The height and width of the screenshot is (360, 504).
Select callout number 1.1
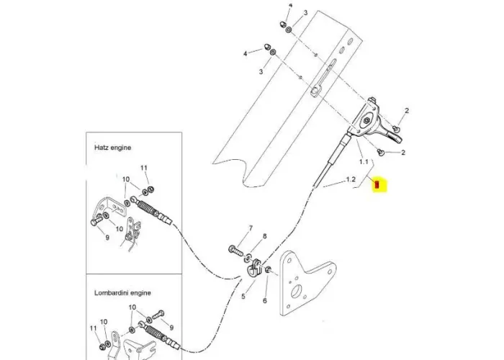363,162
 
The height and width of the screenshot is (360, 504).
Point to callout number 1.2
352,179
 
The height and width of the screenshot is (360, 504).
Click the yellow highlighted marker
379,186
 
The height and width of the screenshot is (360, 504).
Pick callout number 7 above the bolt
251,228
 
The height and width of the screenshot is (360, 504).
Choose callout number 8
264,236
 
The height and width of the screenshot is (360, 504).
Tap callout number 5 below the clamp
243,295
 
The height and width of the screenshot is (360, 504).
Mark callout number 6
265,300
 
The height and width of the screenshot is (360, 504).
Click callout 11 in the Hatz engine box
143,168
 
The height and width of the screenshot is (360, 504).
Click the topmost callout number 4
291,6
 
